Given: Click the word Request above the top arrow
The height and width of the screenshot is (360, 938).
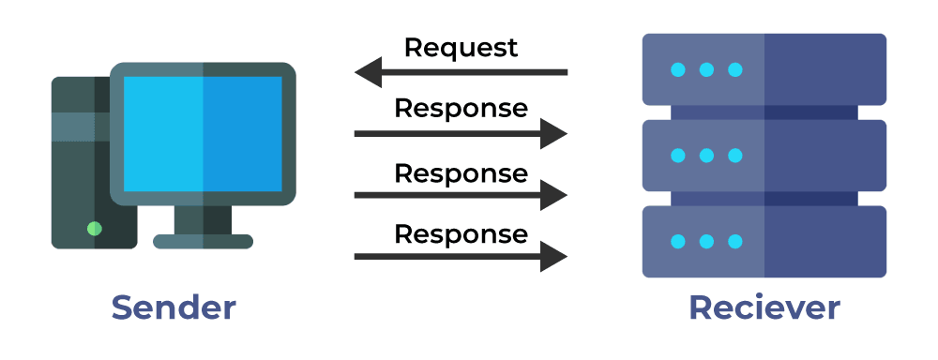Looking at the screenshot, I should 461,48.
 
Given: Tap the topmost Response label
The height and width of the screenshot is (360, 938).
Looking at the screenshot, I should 461,109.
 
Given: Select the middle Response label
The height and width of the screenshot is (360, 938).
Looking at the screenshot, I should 461,173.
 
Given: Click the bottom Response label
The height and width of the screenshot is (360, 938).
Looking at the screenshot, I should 461,233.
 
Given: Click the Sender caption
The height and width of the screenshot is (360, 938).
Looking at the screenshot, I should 174,307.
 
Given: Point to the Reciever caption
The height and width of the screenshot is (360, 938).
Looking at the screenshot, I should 764,307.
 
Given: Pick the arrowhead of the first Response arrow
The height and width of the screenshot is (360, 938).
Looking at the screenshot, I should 554,134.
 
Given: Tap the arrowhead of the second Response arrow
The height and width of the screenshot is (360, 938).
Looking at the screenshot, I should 554,196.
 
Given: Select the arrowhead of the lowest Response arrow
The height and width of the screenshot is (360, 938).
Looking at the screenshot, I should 554,256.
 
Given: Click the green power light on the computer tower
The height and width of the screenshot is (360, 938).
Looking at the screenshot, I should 94,228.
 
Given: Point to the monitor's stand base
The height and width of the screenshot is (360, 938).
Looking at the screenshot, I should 203,241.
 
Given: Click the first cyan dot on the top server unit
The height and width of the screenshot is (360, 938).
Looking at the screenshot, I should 678,69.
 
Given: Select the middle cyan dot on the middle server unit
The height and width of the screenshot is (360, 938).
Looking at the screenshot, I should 706,156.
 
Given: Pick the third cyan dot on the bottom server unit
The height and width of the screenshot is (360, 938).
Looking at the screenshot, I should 735,242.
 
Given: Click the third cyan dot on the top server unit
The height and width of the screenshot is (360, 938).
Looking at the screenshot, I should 735,69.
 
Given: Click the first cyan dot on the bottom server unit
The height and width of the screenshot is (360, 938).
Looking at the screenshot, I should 678,242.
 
